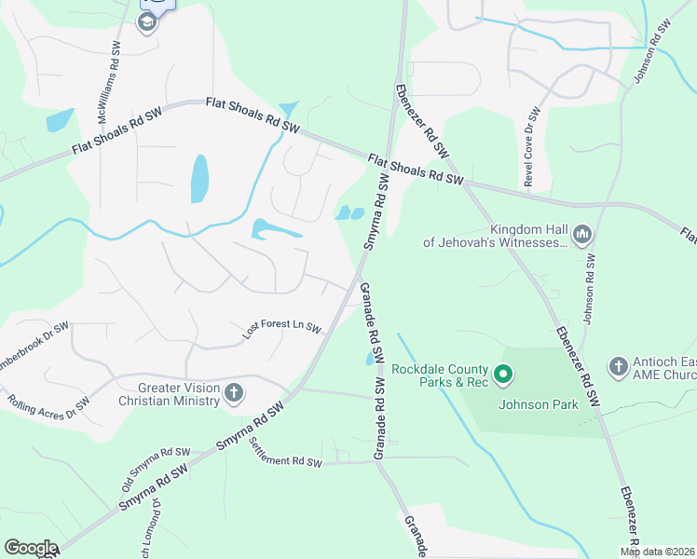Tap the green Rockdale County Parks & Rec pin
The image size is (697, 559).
[504, 376]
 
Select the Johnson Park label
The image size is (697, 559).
[538, 404]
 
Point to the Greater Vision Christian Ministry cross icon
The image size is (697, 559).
[233, 394]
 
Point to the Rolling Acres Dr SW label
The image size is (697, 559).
[48, 405]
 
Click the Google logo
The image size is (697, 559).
[31, 548]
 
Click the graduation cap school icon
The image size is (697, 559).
[147, 24]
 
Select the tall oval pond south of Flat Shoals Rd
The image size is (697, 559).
[199, 178]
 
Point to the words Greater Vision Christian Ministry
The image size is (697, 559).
[165, 394]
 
